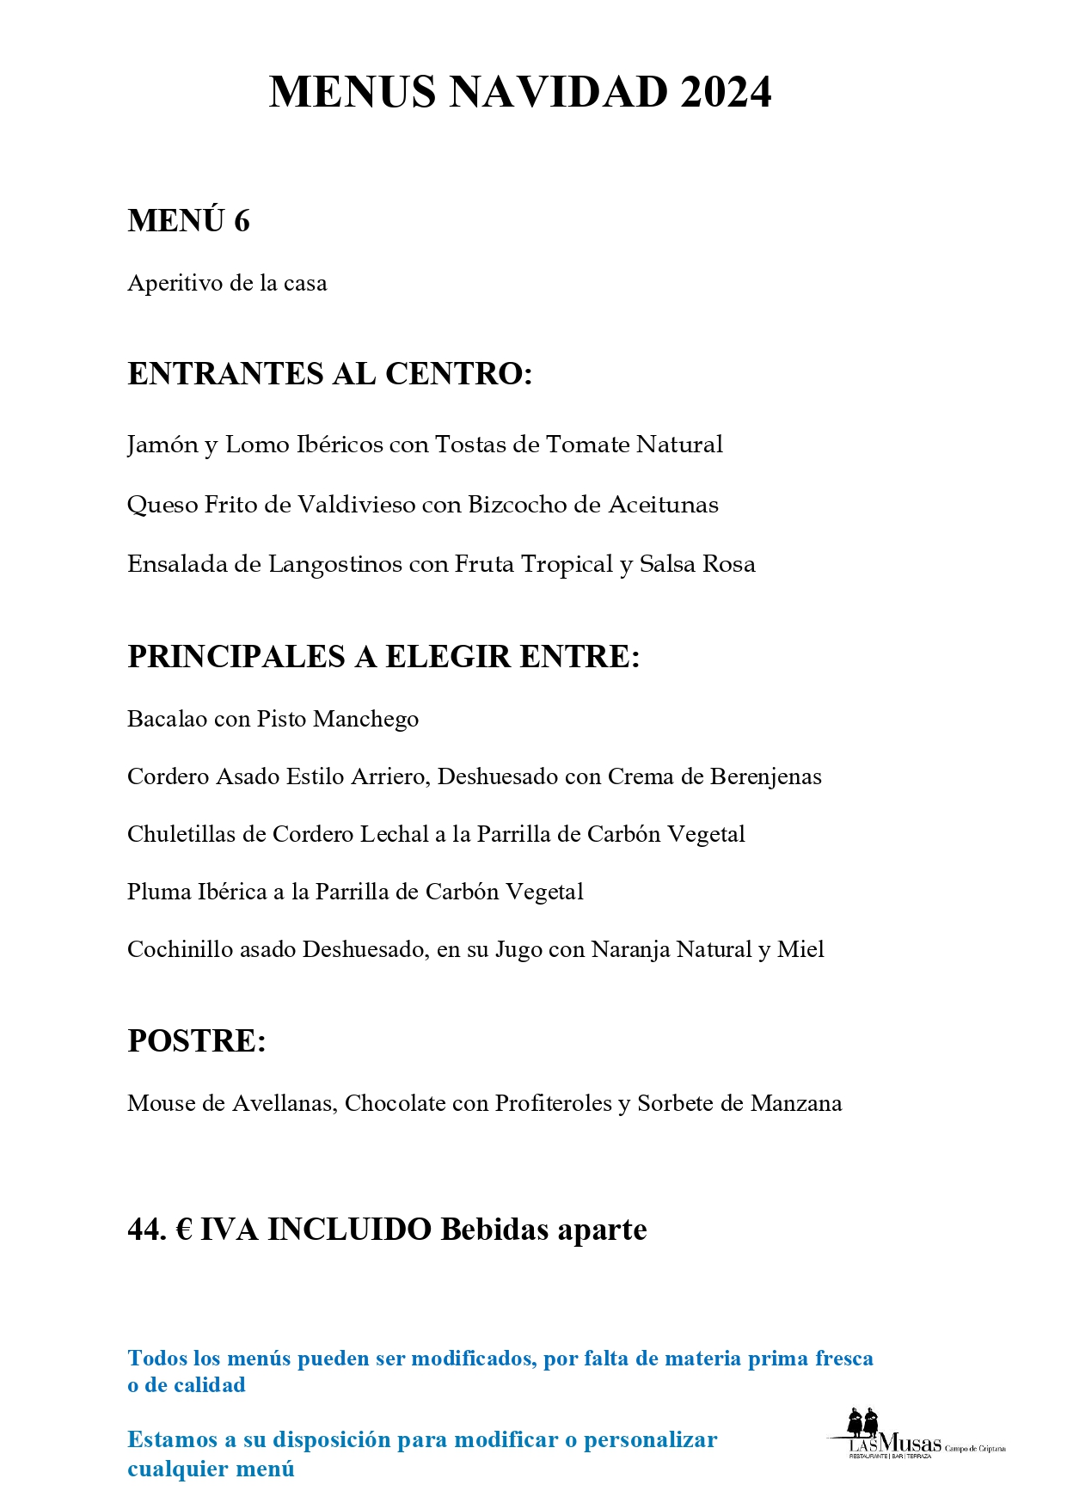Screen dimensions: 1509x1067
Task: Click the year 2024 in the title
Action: tap(726, 93)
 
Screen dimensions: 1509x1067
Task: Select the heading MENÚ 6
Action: tap(188, 221)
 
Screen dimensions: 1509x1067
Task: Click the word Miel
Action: tap(800, 950)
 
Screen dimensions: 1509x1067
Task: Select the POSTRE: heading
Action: tap(197, 1041)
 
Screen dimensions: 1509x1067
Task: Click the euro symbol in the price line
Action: tap(184, 1230)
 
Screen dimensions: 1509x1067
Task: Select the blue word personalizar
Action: tap(650, 1440)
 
